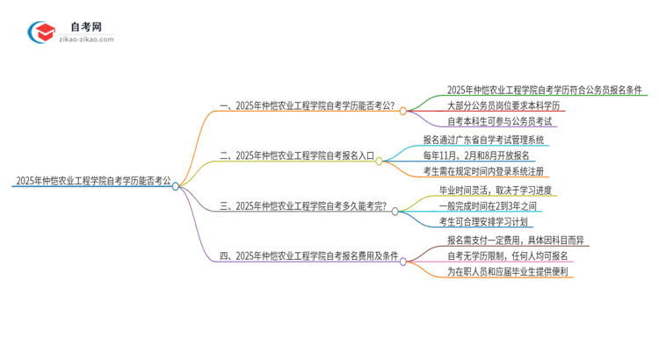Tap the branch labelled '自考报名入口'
point(298,156)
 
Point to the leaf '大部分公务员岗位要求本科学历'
point(503,105)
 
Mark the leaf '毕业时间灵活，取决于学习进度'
point(496,189)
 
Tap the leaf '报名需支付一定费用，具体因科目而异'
point(517,239)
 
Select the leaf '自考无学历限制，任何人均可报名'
point(507,256)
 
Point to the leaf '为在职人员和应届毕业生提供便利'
point(508,272)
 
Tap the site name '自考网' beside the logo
point(85,26)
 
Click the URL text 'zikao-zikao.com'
point(85,40)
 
